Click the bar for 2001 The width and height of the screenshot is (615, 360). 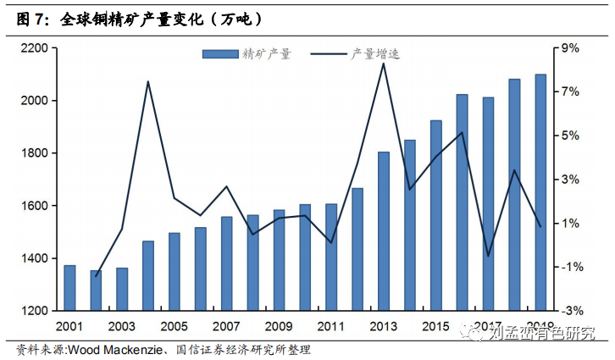[69, 288]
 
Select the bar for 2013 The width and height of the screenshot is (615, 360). [383, 231]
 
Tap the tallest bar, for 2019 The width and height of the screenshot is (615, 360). [540, 192]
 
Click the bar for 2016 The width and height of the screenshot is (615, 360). [462, 202]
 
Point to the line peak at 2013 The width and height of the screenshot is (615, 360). [383, 64]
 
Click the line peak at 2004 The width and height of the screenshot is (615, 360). [147, 81]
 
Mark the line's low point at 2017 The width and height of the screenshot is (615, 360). [488, 255]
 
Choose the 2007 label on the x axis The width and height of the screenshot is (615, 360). [226, 326]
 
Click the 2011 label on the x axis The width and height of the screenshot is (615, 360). [331, 326]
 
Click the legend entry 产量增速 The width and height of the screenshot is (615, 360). [374, 55]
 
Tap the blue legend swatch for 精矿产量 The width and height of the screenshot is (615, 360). [219, 55]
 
